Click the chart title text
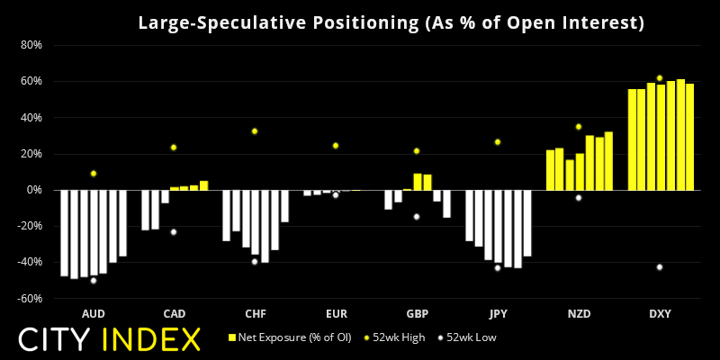(391, 22)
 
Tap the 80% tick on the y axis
(31, 45)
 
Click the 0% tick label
(34, 190)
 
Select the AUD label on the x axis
(93, 314)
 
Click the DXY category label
(660, 314)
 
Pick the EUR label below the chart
(336, 314)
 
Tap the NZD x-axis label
(579, 314)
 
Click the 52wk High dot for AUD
(93, 174)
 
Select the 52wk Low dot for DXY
(660, 267)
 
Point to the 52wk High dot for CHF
(255, 131)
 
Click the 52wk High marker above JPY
(498, 142)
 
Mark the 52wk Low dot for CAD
(174, 232)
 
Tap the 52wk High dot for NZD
(579, 127)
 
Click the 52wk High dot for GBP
(417, 151)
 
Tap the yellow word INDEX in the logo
(150, 339)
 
